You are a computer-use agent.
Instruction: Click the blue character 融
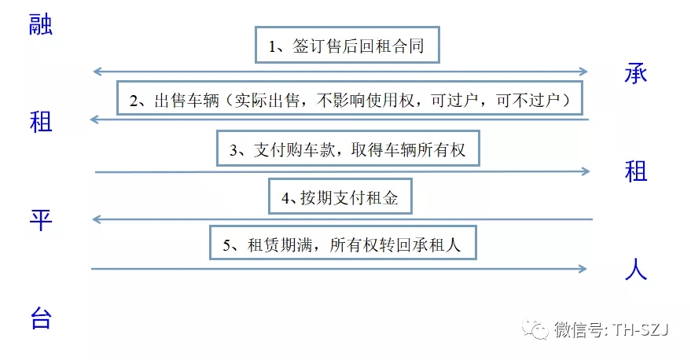tap(41, 24)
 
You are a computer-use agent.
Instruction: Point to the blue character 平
tap(41, 220)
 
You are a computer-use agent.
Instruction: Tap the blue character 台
tap(41, 318)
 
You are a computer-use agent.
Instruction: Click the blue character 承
tap(636, 73)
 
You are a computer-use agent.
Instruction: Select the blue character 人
tap(636, 269)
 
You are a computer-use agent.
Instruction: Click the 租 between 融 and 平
tap(41, 122)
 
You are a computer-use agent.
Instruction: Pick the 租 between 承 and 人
tap(636, 171)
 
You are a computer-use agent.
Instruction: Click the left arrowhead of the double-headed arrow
tap(97, 72)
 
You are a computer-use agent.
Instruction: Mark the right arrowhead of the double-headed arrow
tap(583, 72)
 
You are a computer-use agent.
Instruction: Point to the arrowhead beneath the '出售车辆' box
tap(94, 119)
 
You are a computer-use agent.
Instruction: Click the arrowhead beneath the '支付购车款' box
tap(586, 171)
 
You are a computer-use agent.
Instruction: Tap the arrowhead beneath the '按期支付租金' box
tap(97, 219)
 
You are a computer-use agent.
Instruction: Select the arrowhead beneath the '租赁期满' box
tap(583, 269)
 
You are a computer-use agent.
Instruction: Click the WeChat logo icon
tap(535, 329)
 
